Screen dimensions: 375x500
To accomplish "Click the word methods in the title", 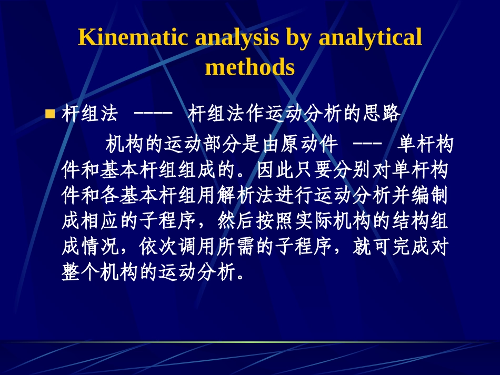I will pos(250,67).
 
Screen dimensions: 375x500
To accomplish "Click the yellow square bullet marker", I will pos(51,114).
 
